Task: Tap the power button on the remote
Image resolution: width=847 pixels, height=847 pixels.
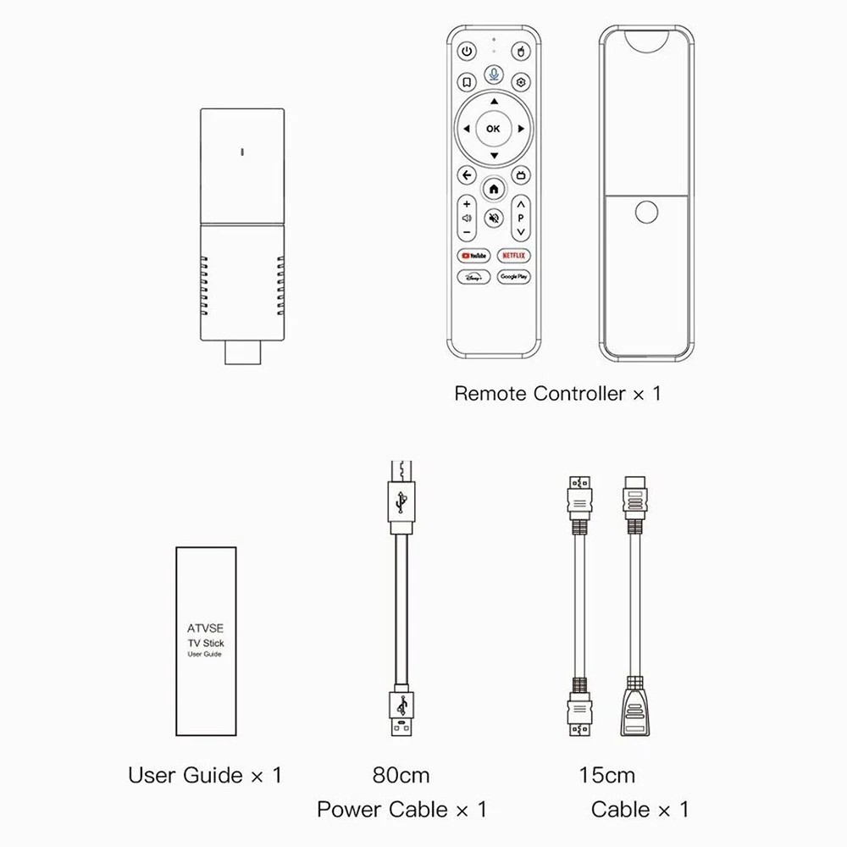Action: pyautogui.click(x=467, y=52)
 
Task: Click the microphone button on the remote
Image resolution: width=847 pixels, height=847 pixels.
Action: pyautogui.click(x=494, y=74)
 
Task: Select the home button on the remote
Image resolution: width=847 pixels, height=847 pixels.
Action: pyautogui.click(x=494, y=189)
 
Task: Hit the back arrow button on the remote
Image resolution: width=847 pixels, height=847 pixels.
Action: pyautogui.click(x=467, y=175)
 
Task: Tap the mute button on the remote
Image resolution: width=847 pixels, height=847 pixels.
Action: pyautogui.click(x=494, y=219)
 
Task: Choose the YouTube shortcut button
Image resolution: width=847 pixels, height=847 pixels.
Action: pyautogui.click(x=473, y=256)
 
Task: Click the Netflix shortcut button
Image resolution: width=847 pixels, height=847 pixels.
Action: pyautogui.click(x=514, y=256)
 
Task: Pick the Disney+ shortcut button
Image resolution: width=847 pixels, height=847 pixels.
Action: pyautogui.click(x=473, y=277)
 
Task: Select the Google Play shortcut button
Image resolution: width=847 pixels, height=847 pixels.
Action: pyautogui.click(x=514, y=277)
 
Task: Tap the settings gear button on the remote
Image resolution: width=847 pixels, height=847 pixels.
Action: pyautogui.click(x=521, y=82)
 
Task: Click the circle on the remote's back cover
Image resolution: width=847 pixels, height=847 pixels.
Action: pyautogui.click(x=646, y=212)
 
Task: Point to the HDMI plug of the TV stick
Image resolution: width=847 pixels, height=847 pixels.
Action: pyautogui.click(x=242, y=352)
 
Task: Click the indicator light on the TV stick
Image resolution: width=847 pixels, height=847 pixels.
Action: pyautogui.click(x=242, y=152)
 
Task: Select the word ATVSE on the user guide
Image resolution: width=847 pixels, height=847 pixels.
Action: pyautogui.click(x=205, y=628)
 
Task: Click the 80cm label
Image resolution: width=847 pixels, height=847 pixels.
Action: pyautogui.click(x=401, y=775)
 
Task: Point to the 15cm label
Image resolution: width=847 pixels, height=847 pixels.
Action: pyautogui.click(x=607, y=775)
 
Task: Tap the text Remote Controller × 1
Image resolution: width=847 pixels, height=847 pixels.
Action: pyautogui.click(x=557, y=393)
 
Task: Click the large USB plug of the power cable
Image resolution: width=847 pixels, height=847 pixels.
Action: pyautogui.click(x=401, y=713)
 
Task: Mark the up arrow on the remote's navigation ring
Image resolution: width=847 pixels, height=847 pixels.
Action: pyautogui.click(x=494, y=102)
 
